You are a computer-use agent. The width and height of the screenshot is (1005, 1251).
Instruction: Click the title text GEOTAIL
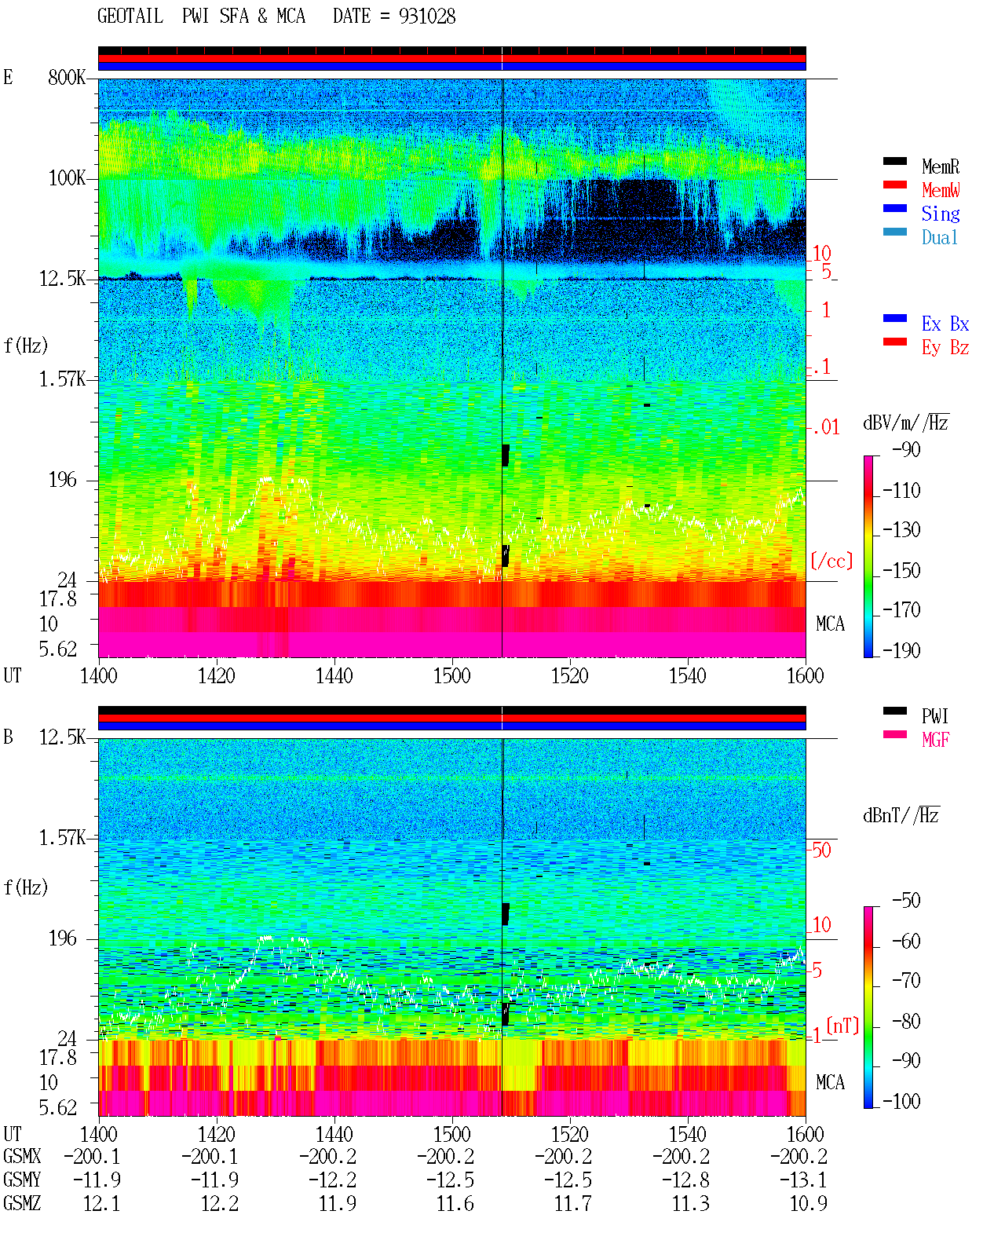[x=130, y=16]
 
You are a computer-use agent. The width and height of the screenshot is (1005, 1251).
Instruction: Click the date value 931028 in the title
[x=427, y=16]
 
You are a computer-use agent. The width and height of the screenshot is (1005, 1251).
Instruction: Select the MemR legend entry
[x=941, y=166]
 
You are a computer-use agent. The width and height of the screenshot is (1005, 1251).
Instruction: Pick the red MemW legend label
[x=941, y=190]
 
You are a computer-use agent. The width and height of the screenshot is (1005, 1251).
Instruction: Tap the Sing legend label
[x=941, y=214]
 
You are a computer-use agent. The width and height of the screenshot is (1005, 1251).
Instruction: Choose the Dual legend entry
[x=940, y=237]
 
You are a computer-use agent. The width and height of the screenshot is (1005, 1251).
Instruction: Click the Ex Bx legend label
[x=945, y=324]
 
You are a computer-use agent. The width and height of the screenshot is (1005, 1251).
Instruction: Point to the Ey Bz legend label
[x=945, y=348]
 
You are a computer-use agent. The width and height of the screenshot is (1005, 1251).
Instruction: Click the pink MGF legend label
[x=936, y=740]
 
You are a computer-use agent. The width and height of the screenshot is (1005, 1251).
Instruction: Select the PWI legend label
[x=935, y=716]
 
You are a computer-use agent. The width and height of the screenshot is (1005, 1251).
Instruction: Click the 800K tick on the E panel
[x=67, y=77]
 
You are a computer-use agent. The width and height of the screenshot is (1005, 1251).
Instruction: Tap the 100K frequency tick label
[x=67, y=178]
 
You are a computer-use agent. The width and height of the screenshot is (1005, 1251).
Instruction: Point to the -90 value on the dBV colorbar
[x=906, y=449]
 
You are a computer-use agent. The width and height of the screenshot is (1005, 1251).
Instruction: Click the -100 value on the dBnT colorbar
[x=901, y=1101]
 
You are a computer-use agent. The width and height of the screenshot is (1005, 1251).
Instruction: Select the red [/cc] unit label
[x=831, y=561]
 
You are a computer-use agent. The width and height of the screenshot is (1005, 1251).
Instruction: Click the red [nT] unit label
[x=842, y=1026]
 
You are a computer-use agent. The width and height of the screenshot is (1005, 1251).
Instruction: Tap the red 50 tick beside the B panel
[x=821, y=850]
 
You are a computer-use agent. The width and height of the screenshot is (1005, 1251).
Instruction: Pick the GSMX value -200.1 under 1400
[x=92, y=1156]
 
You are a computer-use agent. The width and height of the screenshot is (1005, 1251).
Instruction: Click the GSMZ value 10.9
[x=808, y=1203]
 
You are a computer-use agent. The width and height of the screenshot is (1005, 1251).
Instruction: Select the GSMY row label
[x=22, y=1180]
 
